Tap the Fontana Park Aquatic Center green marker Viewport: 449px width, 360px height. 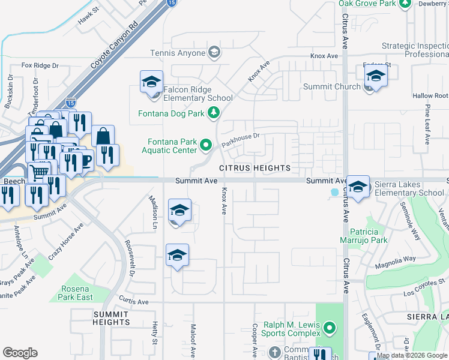[206, 145]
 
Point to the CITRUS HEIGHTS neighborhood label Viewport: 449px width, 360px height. [255, 168]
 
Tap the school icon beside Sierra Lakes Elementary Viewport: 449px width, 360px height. [358, 187]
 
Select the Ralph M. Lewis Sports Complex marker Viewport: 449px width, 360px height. [329, 328]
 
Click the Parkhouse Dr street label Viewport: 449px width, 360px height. [240, 140]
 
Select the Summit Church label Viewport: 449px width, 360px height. [332, 86]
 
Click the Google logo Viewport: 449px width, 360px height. [20, 353]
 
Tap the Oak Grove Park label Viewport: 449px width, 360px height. [367, 4]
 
